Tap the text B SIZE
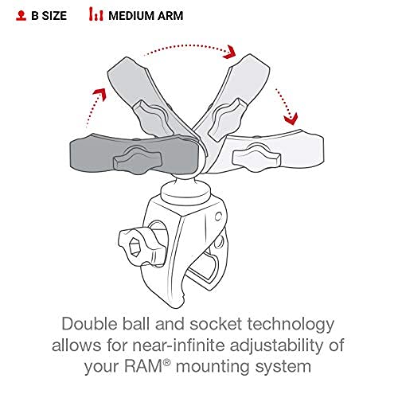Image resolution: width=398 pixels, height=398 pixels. click(x=50, y=14)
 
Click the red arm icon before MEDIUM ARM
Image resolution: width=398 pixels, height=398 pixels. click(x=96, y=14)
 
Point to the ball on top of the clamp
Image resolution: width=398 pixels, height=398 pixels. click(x=197, y=191)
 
